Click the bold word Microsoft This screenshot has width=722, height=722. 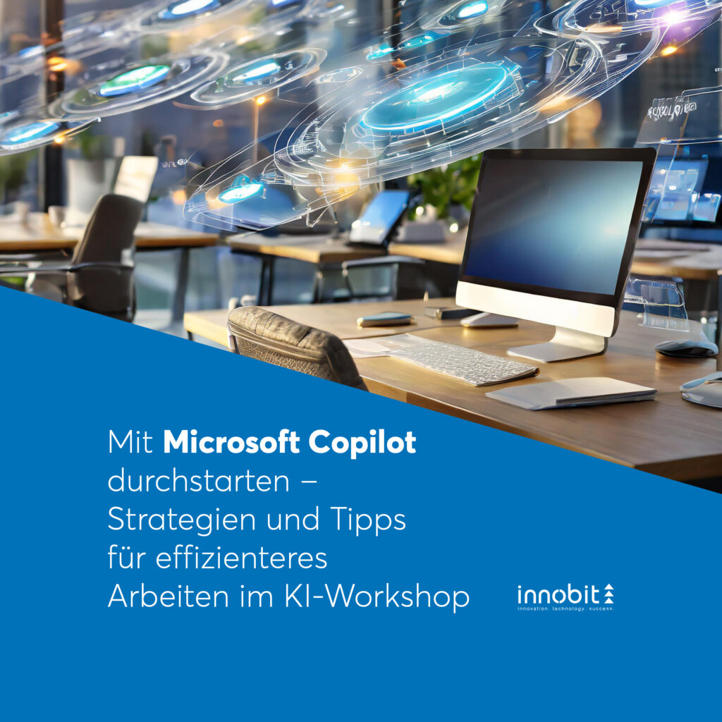(x=231, y=442)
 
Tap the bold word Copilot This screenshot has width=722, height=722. (x=362, y=443)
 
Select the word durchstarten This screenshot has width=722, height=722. (x=198, y=481)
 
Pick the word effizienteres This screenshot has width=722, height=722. (x=241, y=558)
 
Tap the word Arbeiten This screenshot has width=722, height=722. (x=168, y=596)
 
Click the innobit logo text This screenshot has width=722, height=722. (x=558, y=594)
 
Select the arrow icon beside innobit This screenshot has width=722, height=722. (x=608, y=594)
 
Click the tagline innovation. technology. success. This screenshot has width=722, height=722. (x=565, y=609)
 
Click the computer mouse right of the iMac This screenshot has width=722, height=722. (x=685, y=348)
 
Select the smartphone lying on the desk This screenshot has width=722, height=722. (x=385, y=319)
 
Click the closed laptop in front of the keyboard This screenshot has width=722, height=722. (x=571, y=393)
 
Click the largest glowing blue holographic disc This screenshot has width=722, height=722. (x=435, y=97)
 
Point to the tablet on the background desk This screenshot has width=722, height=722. (x=379, y=216)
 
